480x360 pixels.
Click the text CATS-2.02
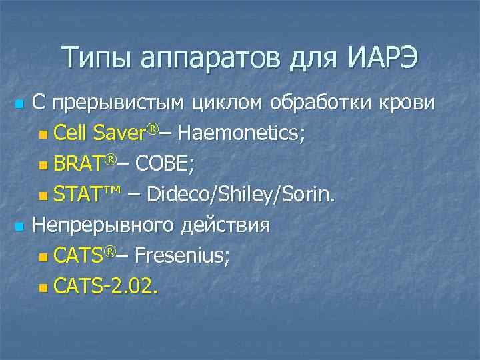107,285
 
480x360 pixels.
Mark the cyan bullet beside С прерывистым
19,105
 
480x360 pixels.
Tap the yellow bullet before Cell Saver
43,135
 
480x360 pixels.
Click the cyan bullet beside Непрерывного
19,227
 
